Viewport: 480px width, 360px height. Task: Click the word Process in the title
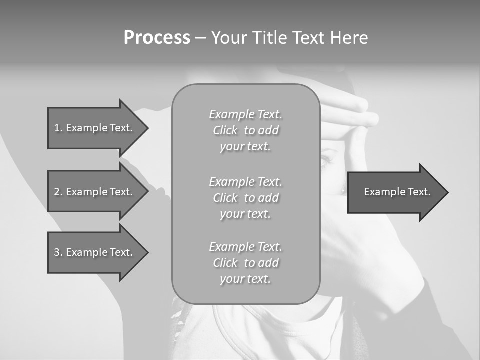coord(157,38)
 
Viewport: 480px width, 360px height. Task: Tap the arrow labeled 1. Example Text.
coord(93,128)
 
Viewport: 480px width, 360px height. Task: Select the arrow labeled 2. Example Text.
coord(93,192)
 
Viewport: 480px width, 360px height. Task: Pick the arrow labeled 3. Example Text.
coord(93,252)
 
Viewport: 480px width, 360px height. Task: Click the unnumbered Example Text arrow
coord(397,192)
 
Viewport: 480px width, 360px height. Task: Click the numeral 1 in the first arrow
coord(57,128)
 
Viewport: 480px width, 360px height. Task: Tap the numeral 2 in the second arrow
coord(57,192)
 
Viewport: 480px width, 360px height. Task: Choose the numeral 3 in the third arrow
coord(57,252)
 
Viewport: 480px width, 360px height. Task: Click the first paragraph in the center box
coord(245,130)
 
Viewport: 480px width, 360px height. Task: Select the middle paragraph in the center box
coord(245,197)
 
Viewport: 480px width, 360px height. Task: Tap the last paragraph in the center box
coord(245,262)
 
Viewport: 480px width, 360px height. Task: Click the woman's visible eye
coord(326,160)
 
